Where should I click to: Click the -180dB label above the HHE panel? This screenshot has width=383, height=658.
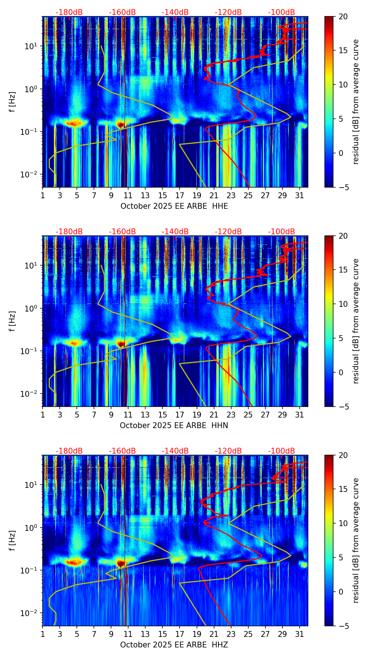pos(69,12)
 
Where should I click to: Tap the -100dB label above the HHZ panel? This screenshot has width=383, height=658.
pos(281,451)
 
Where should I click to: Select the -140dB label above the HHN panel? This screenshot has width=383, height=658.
pos(175,232)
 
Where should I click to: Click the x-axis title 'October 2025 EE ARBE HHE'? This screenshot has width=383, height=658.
pos(174,206)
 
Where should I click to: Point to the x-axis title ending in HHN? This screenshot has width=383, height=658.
pos(174,426)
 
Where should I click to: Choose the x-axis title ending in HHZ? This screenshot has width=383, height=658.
pos(174,645)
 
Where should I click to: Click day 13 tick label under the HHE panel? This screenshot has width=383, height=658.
pos(145,195)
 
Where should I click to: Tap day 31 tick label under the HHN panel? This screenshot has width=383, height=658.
pos(300,415)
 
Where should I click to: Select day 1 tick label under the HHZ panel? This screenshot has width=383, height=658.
pos(43,634)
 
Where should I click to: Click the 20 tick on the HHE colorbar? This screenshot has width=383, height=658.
pos(343,16)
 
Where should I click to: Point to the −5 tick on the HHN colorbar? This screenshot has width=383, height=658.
pos(343,407)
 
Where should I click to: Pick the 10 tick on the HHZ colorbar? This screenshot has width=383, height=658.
pos(343,524)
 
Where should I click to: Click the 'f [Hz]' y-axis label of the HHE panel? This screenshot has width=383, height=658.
pos(12,102)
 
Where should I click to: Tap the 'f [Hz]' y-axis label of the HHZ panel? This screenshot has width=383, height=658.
pos(12,541)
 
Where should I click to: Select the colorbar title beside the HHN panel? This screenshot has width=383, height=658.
pos(356,321)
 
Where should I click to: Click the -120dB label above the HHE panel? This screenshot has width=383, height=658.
pos(228,12)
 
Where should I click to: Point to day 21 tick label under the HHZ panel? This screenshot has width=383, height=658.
pos(214,634)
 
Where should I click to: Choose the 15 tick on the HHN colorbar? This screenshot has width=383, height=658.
pos(343,270)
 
